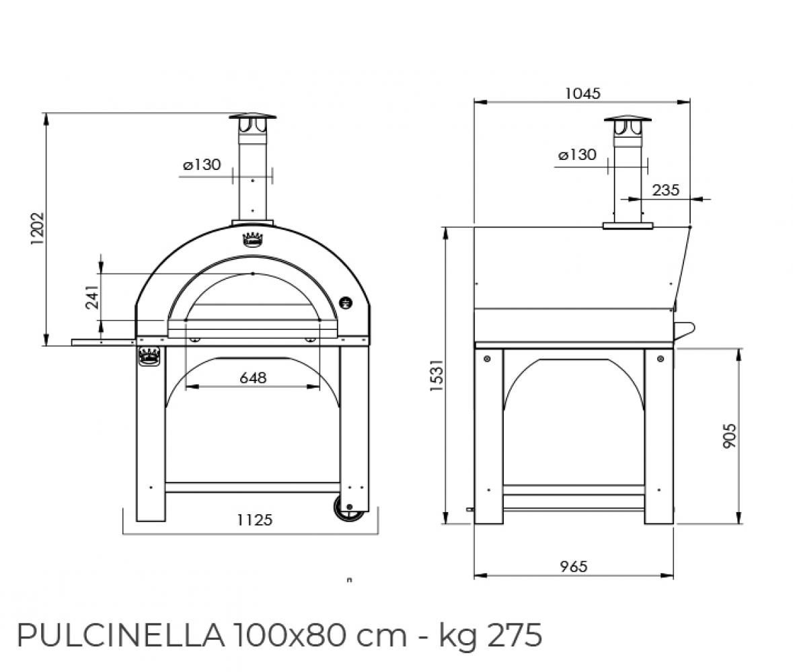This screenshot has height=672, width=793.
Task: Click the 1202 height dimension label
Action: click(x=38, y=228)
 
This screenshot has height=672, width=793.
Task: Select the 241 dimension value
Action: click(x=92, y=296)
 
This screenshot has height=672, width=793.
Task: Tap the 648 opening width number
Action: click(x=253, y=378)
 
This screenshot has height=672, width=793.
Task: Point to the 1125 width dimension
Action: click(x=254, y=519)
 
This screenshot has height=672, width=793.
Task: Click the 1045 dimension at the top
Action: click(x=582, y=93)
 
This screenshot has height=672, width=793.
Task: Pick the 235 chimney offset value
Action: click(x=665, y=190)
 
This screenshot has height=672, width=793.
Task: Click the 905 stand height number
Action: click(x=729, y=435)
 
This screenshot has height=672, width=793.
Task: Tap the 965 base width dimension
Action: click(x=573, y=566)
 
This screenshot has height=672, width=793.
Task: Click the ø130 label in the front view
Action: click(x=202, y=165)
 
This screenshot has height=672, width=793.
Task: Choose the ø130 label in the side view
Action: click(x=577, y=155)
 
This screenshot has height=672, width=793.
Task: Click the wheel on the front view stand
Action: click(x=349, y=509)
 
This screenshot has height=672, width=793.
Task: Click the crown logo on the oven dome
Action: click(x=252, y=239)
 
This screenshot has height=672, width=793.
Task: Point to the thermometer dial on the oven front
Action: click(x=346, y=302)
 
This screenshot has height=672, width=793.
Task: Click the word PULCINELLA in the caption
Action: click(x=120, y=635)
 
